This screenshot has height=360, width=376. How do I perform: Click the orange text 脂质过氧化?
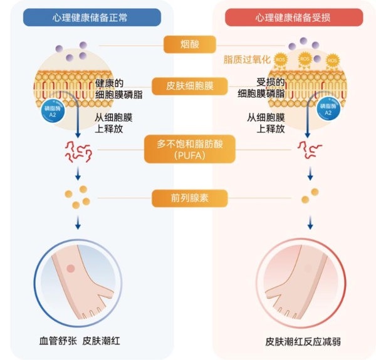click(247, 59)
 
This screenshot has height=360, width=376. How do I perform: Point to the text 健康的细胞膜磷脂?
click(120, 89)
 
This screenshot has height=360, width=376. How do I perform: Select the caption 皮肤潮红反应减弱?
click(294, 342)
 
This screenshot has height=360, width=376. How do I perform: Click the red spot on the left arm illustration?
click(70, 269)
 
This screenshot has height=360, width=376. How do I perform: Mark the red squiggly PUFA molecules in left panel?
click(78, 150)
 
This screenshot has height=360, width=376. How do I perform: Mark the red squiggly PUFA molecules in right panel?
click(307, 148)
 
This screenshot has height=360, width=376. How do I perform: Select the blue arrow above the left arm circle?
click(78, 223)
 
